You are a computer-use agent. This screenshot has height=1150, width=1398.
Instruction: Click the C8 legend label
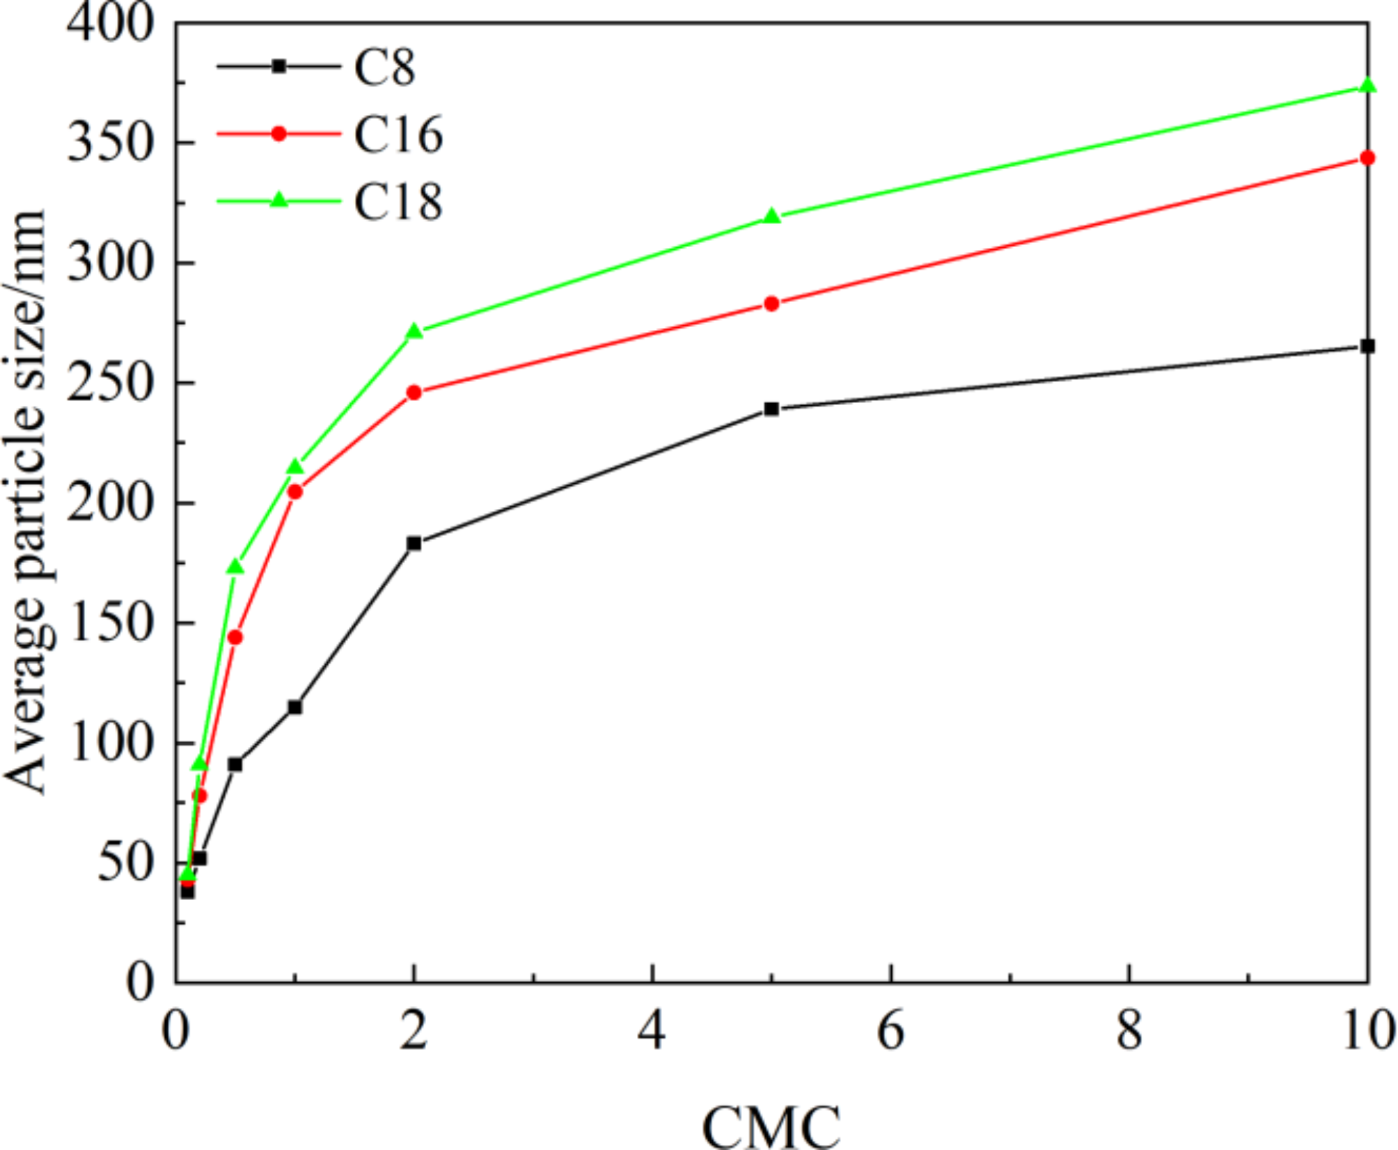384,68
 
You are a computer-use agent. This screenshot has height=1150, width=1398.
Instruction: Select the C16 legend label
398,134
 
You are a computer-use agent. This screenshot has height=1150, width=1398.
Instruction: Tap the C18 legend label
398,202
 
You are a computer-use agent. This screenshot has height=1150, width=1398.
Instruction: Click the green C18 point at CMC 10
1367,86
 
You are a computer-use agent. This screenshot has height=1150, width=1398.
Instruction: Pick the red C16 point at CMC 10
1367,158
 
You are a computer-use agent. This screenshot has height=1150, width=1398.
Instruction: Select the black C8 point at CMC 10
1367,346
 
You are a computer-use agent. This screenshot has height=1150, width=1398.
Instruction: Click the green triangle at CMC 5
771,216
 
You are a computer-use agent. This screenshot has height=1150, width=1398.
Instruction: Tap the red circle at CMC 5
771,304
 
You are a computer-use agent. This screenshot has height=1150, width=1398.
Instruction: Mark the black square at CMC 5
771,409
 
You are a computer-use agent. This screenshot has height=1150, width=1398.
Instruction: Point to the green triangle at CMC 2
414,331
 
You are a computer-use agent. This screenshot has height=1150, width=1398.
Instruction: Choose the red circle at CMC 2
414,393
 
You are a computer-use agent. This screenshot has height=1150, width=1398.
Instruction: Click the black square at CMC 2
414,543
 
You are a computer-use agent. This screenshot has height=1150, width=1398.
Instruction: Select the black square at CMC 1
295,707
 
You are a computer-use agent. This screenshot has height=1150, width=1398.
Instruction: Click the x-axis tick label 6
890,1031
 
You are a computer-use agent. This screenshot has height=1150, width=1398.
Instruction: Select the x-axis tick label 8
1129,1031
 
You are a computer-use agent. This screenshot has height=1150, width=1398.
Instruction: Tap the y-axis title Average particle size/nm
26,501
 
